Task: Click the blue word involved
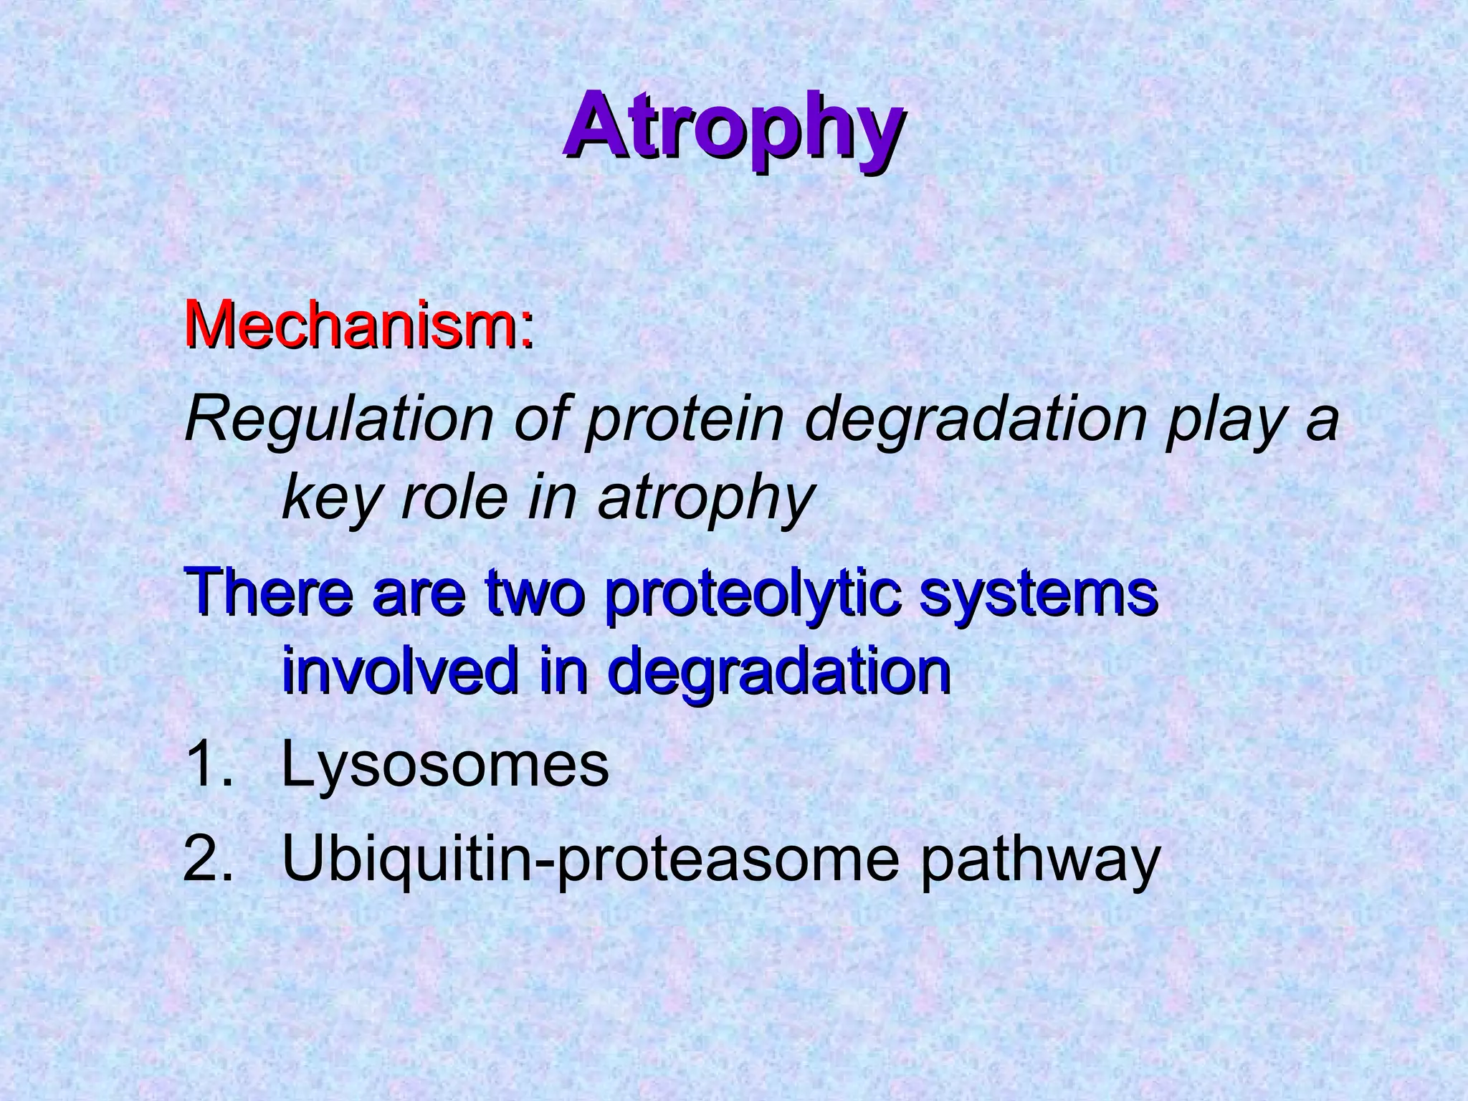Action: click(399, 670)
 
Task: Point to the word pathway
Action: click(1039, 859)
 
